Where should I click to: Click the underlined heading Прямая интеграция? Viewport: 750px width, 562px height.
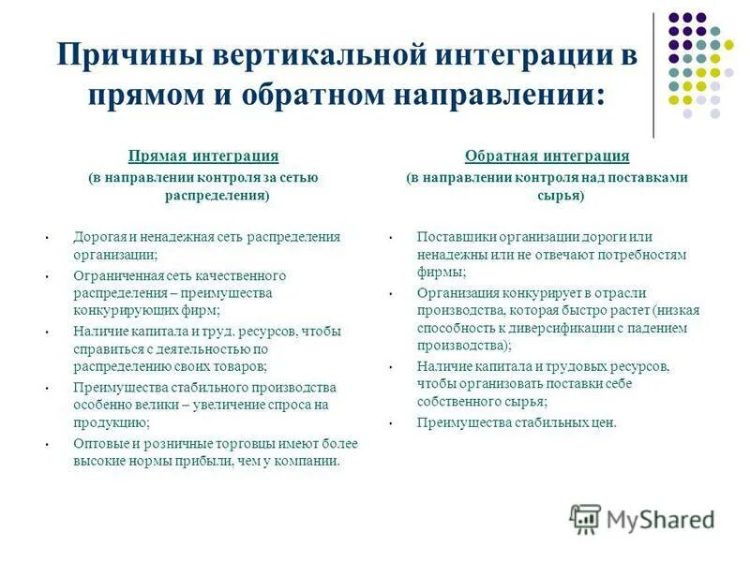203,155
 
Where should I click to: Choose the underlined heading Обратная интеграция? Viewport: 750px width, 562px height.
547,155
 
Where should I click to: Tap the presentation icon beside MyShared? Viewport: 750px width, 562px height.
585,518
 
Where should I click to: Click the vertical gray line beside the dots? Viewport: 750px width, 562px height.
653,75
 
